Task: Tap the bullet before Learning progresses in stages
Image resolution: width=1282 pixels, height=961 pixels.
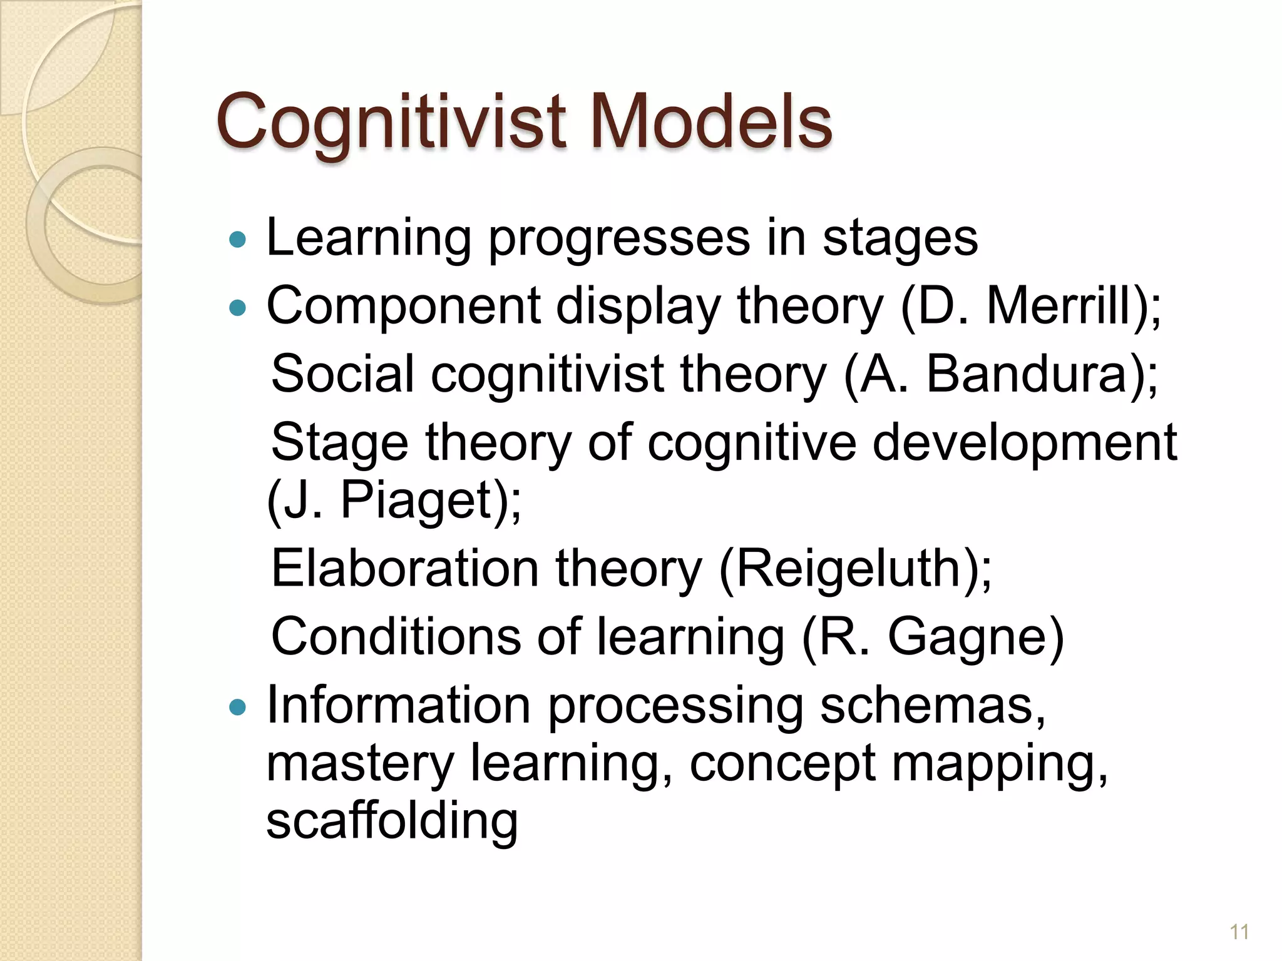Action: [x=238, y=239]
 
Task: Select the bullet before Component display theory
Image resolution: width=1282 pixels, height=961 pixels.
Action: [x=238, y=307]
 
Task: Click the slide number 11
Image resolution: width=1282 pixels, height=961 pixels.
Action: [x=1239, y=932]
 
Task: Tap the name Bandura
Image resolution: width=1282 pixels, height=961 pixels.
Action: [x=1027, y=374]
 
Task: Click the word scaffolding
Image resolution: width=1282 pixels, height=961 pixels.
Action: [x=392, y=821]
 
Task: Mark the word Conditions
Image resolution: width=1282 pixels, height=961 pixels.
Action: [x=396, y=636]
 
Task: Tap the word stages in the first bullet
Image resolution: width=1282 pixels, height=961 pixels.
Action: [x=900, y=239]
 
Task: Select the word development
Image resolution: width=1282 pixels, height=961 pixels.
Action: [x=1024, y=443]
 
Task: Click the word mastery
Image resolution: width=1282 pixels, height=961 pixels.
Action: [x=360, y=764]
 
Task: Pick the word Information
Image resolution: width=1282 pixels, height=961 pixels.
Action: [x=399, y=706]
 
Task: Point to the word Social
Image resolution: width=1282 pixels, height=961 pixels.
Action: [x=342, y=374]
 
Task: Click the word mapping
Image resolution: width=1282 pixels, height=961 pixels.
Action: [x=999, y=764]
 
